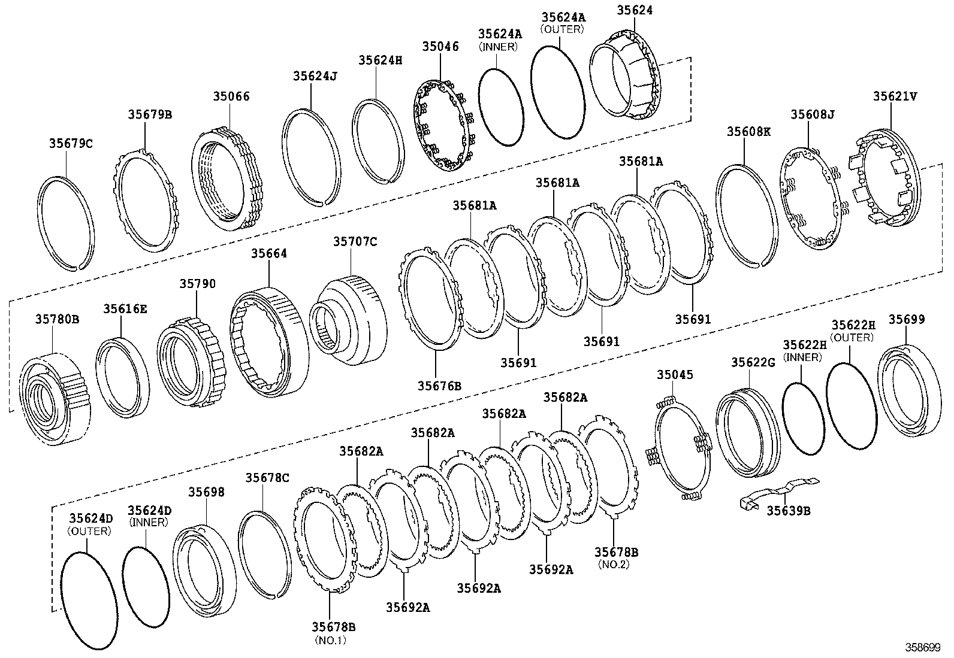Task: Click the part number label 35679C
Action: point(71,143)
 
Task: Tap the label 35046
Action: point(440,46)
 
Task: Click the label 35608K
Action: point(748,131)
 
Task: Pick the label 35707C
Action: point(355,241)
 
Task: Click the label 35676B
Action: point(439,386)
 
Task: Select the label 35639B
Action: point(789,510)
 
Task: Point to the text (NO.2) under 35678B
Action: point(614,564)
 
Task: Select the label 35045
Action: point(675,375)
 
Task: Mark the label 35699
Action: point(906,319)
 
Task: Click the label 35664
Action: point(269,253)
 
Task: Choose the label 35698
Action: point(207,492)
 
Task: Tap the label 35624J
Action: point(315,75)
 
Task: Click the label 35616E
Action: point(125,308)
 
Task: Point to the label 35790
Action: point(197,283)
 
